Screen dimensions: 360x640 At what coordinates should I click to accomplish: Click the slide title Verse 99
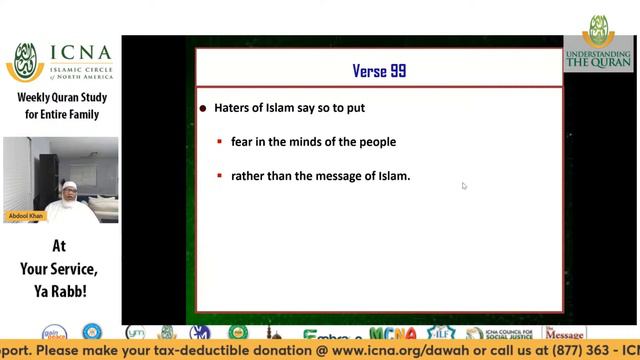coord(379,71)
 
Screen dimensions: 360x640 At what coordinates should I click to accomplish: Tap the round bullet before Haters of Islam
coord(203,108)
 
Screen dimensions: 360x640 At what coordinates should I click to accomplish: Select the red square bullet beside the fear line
coord(220,142)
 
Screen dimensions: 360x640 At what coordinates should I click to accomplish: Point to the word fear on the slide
coord(242,142)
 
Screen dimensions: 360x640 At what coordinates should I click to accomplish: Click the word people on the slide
coord(378,142)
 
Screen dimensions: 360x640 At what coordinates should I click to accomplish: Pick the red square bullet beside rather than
coord(220,177)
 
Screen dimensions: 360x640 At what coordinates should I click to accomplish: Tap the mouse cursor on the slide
coord(464,185)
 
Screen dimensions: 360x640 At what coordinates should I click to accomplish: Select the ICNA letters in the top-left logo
coord(81,57)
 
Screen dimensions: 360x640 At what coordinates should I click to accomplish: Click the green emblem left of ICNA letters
coord(26,62)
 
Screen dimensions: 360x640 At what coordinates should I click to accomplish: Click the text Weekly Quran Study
coord(61,98)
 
